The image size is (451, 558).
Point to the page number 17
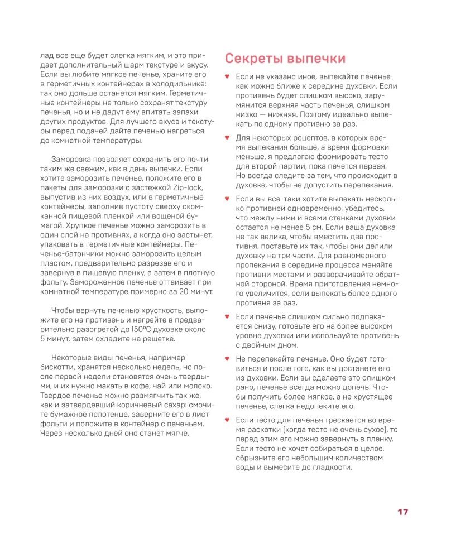(x=402, y=512)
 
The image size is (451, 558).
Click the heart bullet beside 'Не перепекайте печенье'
(x=227, y=358)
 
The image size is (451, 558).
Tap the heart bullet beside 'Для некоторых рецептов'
(x=227, y=137)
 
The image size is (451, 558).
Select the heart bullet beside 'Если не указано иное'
(x=227, y=76)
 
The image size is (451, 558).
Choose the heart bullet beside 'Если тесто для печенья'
(x=227, y=419)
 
